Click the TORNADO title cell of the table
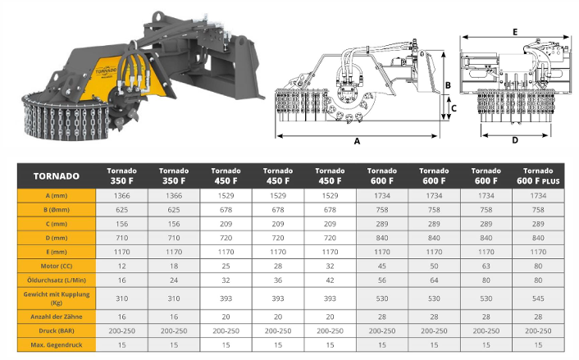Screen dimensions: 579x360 click(x=56, y=176)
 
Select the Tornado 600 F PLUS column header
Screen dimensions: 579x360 click(x=538, y=175)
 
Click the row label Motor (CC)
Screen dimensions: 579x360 click(x=56, y=266)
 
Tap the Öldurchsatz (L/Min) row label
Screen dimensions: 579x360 click(x=56, y=280)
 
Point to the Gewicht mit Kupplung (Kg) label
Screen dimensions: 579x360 click(x=56, y=298)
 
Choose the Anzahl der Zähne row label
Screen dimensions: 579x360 click(x=56, y=317)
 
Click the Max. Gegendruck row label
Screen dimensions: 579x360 click(x=56, y=345)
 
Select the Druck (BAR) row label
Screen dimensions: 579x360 click(x=56, y=330)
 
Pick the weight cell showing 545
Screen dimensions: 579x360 click(x=538, y=298)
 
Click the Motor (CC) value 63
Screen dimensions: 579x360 click(x=486, y=266)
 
